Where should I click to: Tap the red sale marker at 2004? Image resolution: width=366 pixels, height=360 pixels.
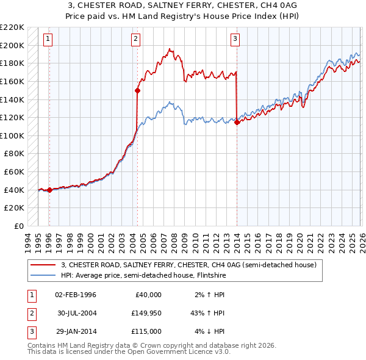click(137, 90)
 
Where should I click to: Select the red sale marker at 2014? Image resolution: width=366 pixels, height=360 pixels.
click(236, 122)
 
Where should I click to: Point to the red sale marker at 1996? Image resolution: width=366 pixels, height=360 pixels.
click(49, 190)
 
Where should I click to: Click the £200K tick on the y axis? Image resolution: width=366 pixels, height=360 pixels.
click(12, 45)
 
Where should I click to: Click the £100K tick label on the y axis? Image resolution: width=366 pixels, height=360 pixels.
click(12, 135)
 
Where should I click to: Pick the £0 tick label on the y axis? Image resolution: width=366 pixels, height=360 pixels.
click(18, 226)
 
